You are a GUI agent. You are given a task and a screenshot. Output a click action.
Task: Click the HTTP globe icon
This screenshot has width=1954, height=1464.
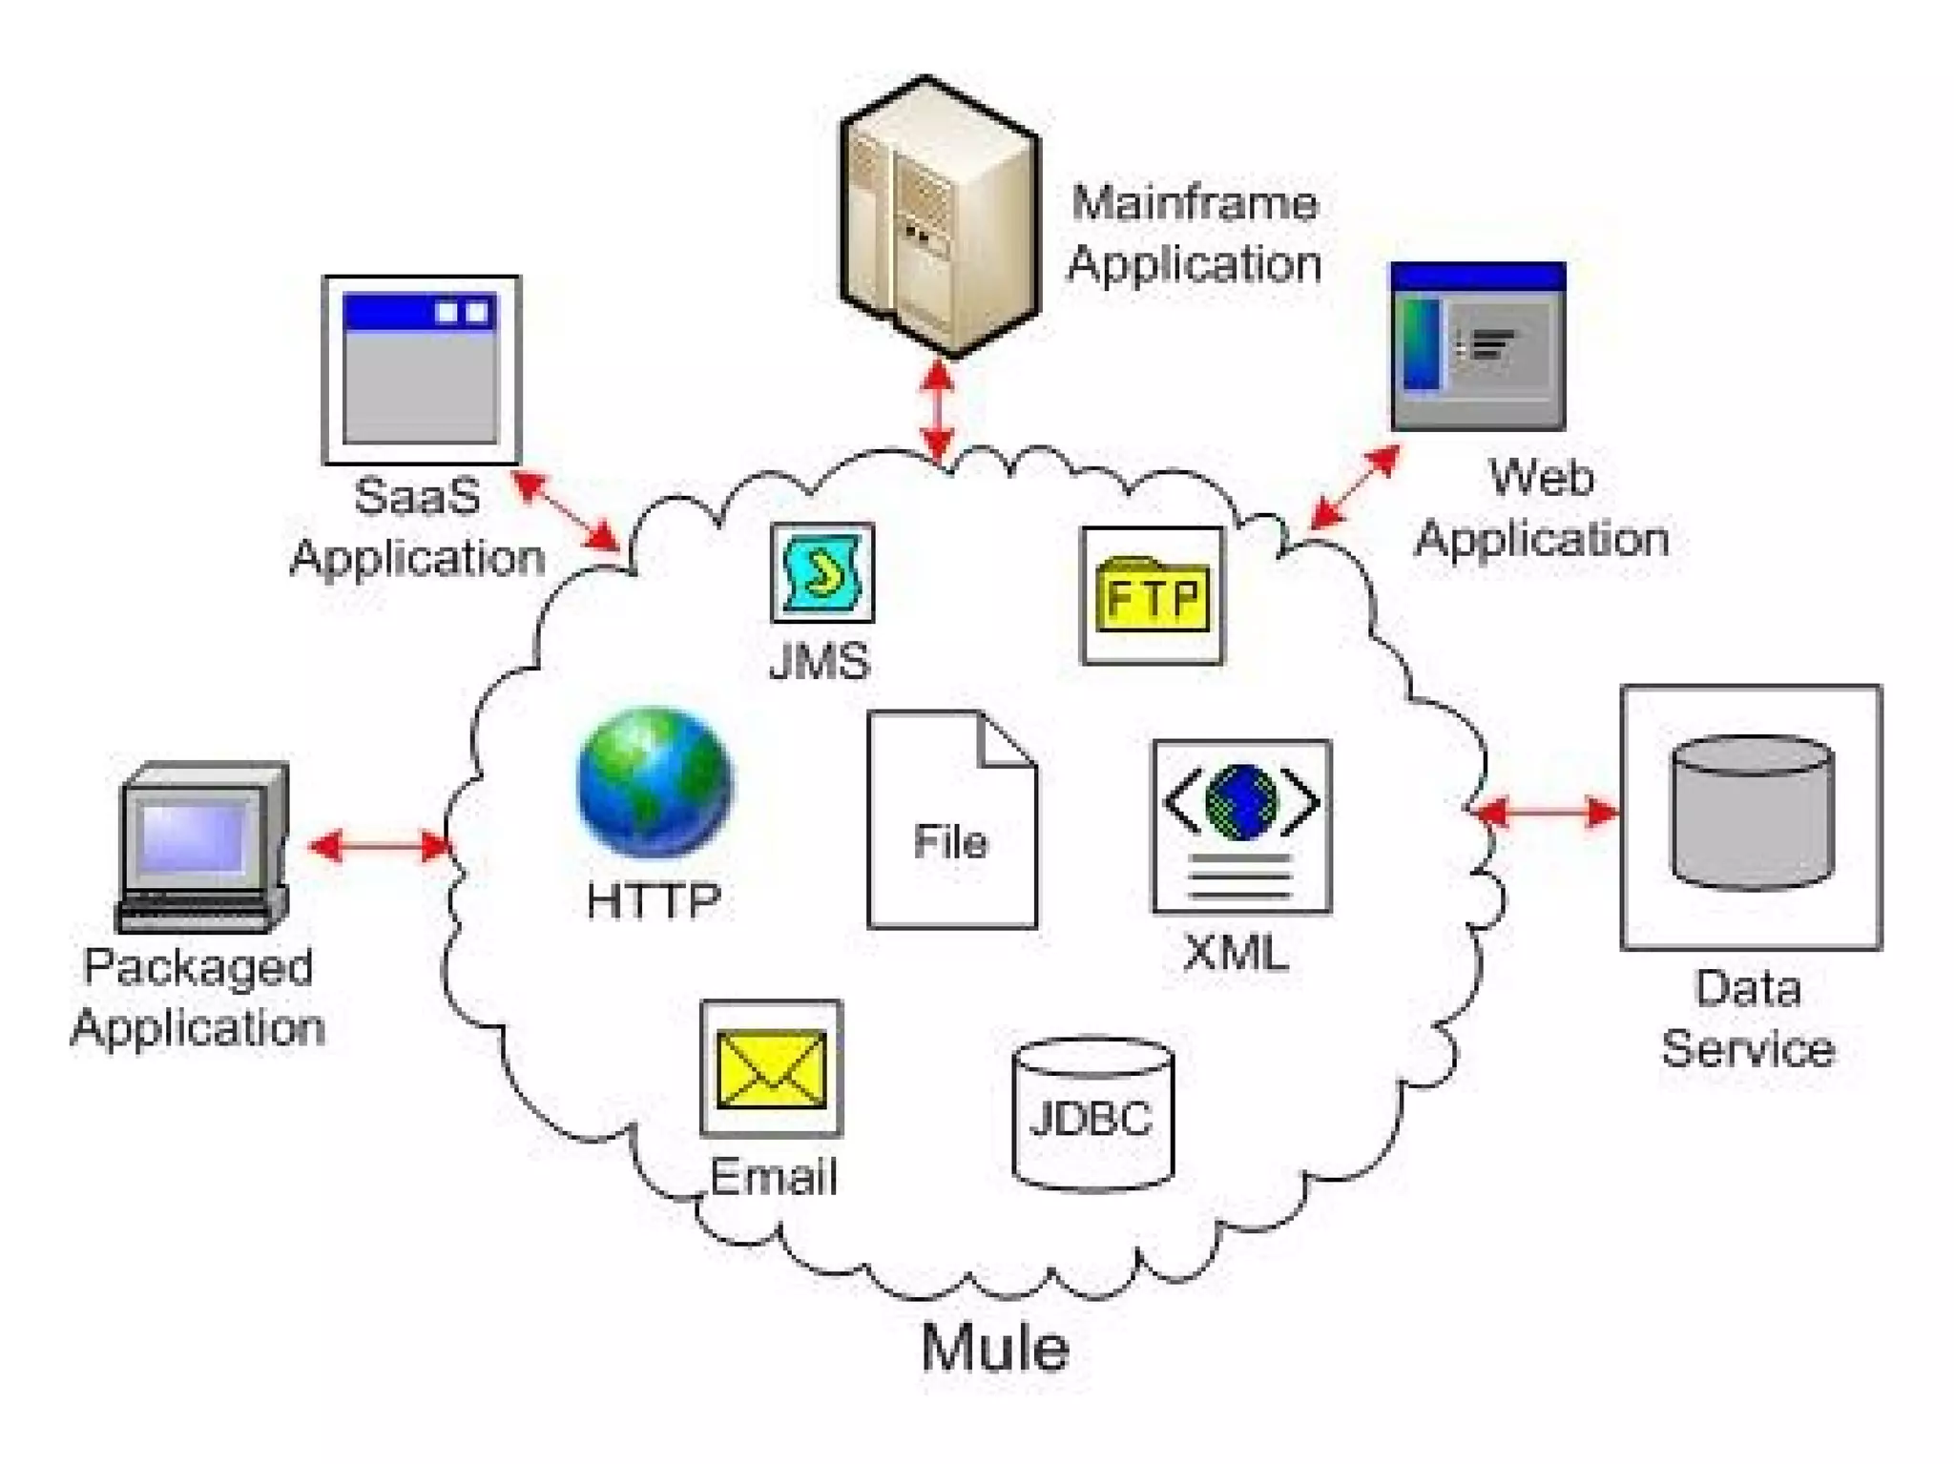(655, 781)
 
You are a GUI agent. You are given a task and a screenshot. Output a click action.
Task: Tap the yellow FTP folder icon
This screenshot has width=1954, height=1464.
(1153, 596)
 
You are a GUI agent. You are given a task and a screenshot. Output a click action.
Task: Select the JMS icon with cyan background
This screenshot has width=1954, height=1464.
(822, 572)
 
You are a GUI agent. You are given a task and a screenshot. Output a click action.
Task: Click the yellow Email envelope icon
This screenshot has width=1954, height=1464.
(771, 1068)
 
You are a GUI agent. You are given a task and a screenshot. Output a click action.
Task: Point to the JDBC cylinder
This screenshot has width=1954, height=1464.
(1092, 1114)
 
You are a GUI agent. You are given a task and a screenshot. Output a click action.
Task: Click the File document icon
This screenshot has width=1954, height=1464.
(951, 820)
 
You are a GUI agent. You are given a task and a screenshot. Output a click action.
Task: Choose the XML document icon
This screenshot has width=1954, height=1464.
(1241, 826)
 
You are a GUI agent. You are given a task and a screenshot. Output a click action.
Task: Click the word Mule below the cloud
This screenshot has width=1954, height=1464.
(994, 1348)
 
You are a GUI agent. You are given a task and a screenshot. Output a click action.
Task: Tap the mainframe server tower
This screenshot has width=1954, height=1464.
(939, 217)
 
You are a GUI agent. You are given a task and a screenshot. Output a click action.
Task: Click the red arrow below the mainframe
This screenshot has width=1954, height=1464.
(939, 410)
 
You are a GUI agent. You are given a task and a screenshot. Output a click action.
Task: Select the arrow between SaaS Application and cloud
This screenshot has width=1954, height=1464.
(565, 510)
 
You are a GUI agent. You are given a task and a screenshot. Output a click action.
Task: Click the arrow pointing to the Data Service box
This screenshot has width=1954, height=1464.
(1546, 813)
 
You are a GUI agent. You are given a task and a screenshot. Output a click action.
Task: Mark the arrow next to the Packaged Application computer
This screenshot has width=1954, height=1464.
(380, 845)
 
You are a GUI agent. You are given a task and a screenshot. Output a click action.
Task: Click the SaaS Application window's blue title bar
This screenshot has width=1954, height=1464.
(420, 312)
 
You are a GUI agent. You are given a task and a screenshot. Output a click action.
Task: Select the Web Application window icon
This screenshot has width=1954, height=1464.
(1478, 346)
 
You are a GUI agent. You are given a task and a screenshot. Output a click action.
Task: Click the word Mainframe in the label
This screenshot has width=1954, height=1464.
(1194, 203)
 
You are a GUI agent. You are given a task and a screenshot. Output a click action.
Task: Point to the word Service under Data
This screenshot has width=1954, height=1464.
(1748, 1049)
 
